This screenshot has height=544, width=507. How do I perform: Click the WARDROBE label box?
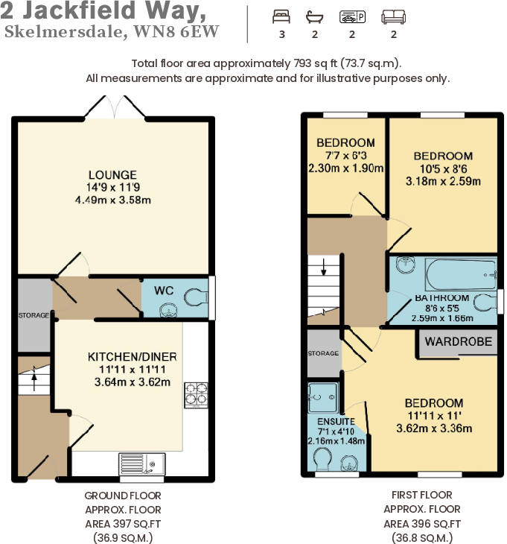coord(459,342)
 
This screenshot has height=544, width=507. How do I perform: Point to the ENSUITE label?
coord(328,420)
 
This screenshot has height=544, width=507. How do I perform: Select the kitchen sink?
coord(141,464)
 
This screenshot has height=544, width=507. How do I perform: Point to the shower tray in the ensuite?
coord(324,397)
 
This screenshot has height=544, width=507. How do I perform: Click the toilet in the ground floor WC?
coord(195,297)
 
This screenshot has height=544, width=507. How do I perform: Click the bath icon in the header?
coord(314,16)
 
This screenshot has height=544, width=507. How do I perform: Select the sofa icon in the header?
coord(392,16)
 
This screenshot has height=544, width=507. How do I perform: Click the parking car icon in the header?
coord(351,16)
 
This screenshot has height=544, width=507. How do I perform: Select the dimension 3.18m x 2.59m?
coord(443,180)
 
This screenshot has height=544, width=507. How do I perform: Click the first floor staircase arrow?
coord(324,270)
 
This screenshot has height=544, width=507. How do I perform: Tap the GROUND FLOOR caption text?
coord(122,496)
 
